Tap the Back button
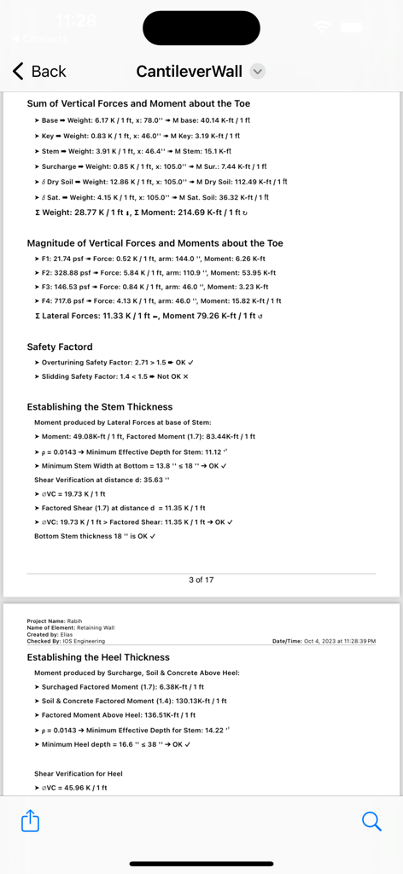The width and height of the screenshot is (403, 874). [x=39, y=72]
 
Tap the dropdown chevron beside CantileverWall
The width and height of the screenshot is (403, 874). [x=258, y=72]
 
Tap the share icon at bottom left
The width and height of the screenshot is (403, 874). [x=30, y=821]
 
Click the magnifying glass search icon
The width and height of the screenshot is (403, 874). [x=371, y=821]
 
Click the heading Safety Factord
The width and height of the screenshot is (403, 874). [x=60, y=347]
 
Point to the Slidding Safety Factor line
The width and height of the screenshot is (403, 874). [x=111, y=376]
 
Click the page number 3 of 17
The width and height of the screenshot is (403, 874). [x=201, y=580]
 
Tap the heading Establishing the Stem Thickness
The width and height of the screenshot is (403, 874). [x=100, y=407]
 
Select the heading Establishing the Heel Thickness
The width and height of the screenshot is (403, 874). [x=98, y=658]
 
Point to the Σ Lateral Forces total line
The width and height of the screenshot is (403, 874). [x=144, y=316]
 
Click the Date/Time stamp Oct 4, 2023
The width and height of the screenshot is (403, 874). [x=324, y=640]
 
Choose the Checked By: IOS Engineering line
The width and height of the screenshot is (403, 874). [x=66, y=640]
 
